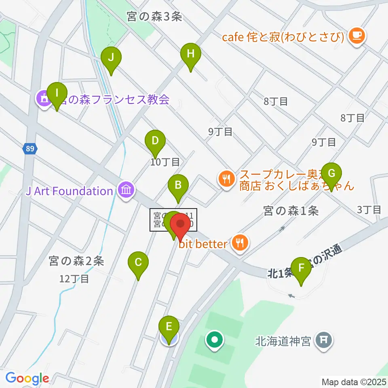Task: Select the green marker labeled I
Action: click(x=57, y=94)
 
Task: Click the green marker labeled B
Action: click(x=178, y=187)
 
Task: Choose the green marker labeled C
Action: click(x=138, y=264)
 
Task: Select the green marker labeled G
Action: click(x=331, y=175)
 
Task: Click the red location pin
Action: click(x=180, y=225)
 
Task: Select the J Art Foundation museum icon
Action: click(x=127, y=190)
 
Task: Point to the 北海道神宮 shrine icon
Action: click(x=324, y=340)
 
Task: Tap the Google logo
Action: click(x=27, y=378)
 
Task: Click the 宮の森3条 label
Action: click(x=154, y=17)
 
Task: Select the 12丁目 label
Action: click(x=74, y=278)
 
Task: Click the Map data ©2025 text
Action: click(x=352, y=382)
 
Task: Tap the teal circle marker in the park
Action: click(x=215, y=339)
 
